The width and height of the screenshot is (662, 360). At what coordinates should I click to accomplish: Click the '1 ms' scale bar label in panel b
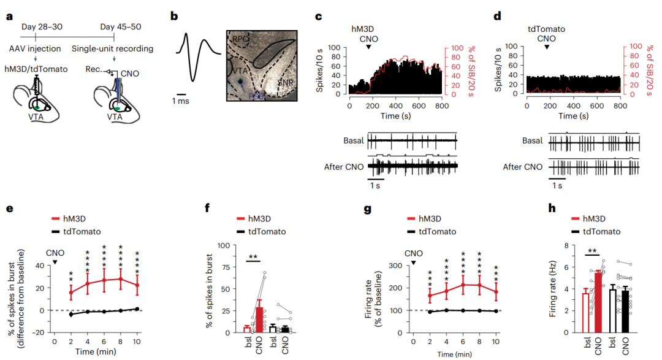tap(180, 101)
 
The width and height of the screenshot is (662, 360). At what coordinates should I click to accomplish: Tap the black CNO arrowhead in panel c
tap(368, 47)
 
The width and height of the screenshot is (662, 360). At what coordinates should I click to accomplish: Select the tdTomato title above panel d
tap(546, 28)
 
